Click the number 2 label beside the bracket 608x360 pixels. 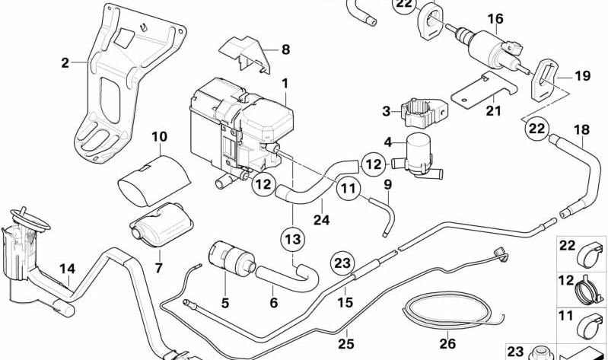pyautogui.click(x=65, y=62)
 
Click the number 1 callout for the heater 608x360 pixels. pyautogui.click(x=285, y=81)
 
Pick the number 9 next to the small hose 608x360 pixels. pyautogui.click(x=387, y=183)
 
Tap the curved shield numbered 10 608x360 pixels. pyautogui.click(x=155, y=179)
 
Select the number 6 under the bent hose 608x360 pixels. pyautogui.click(x=274, y=302)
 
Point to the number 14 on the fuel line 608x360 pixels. pyautogui.click(x=68, y=268)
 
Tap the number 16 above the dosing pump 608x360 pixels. pyautogui.click(x=495, y=18)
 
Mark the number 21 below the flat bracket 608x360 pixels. pyautogui.click(x=495, y=111)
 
